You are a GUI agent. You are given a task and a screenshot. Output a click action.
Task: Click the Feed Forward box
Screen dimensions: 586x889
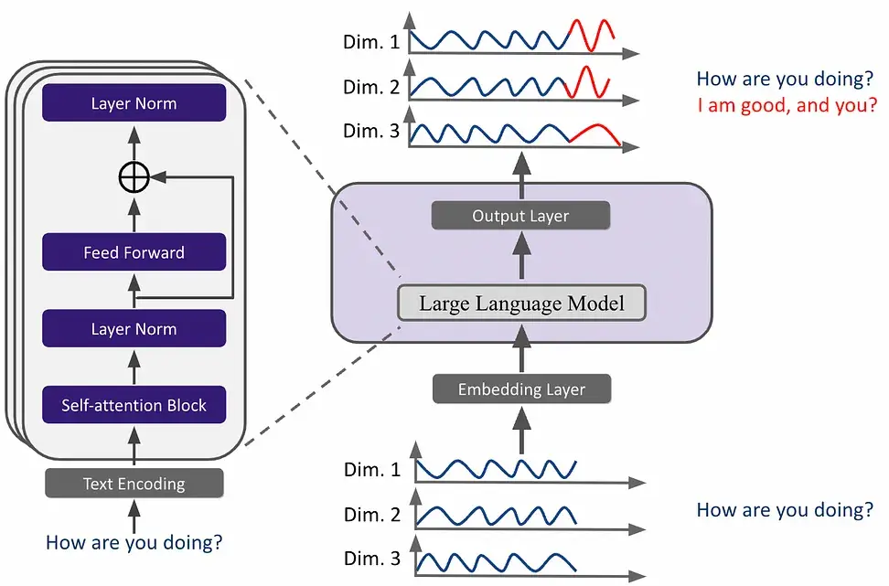pyautogui.click(x=134, y=252)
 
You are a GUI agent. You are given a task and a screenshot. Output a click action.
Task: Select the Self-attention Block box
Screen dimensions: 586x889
pyautogui.click(x=134, y=405)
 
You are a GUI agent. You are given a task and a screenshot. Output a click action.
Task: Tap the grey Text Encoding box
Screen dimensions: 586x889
pyautogui.click(x=134, y=483)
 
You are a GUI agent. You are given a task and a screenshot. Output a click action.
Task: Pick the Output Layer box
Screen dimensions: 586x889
pyautogui.click(x=520, y=216)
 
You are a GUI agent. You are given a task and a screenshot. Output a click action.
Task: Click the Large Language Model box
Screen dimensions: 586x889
pyautogui.click(x=521, y=304)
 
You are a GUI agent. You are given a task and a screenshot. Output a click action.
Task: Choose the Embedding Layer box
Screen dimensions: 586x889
pyautogui.click(x=521, y=389)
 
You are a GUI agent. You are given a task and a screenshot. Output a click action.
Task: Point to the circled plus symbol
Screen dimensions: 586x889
pyautogui.click(x=134, y=177)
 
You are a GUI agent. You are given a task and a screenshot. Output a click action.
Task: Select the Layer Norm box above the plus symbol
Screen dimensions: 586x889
pyautogui.click(x=134, y=102)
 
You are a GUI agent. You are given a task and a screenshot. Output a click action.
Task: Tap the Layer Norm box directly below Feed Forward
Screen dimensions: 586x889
pyautogui.click(x=134, y=328)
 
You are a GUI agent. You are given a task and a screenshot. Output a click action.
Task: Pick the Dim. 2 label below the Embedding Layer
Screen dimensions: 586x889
pyautogui.click(x=372, y=516)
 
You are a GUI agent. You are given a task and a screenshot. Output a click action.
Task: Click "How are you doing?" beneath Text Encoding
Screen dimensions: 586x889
pyautogui.click(x=134, y=543)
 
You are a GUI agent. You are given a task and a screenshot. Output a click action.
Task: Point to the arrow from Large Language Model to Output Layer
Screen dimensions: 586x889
pyautogui.click(x=521, y=261)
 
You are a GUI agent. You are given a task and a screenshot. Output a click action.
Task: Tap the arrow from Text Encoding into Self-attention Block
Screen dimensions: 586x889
pyautogui.click(x=134, y=448)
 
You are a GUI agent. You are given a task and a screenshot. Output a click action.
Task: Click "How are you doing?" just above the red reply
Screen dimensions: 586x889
pyautogui.click(x=785, y=79)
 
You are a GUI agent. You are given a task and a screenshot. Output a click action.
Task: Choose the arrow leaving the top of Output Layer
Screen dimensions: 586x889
pyautogui.click(x=521, y=174)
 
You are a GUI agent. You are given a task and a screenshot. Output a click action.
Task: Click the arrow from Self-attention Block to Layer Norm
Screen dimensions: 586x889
pyautogui.click(x=134, y=367)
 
